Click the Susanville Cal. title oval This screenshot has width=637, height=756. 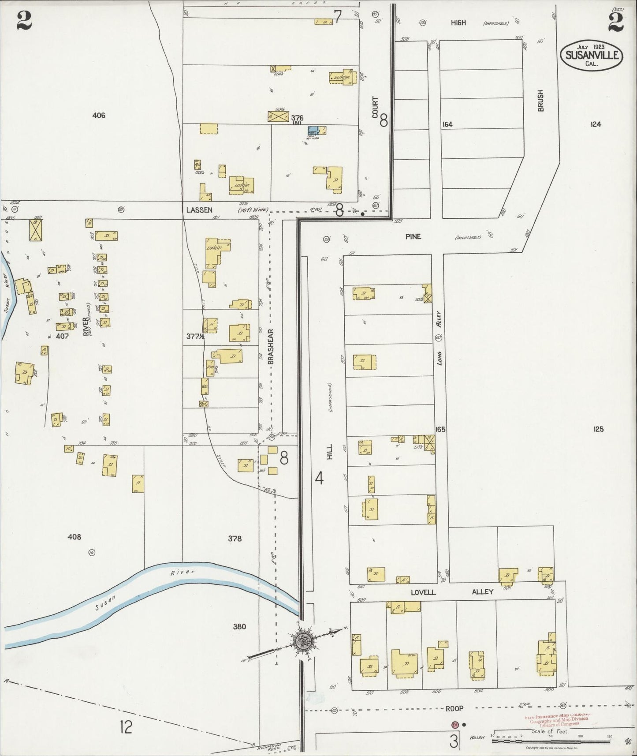tap(592, 56)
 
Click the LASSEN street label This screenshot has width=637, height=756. tap(199, 210)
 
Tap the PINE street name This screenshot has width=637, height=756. tap(413, 236)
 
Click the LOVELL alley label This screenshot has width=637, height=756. tap(423, 592)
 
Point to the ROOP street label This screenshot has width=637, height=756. tap(454, 708)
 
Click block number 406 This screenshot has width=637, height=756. tap(99, 116)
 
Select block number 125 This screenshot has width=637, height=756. tap(598, 429)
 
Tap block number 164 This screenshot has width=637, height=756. tap(447, 124)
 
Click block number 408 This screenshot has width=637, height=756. tap(74, 537)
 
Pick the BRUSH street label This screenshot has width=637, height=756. tap(541, 101)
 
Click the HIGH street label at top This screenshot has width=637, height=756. tap(458, 22)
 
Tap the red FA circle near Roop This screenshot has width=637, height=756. tap(454, 724)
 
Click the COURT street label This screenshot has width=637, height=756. tap(375, 107)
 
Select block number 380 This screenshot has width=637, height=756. tap(239, 626)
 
